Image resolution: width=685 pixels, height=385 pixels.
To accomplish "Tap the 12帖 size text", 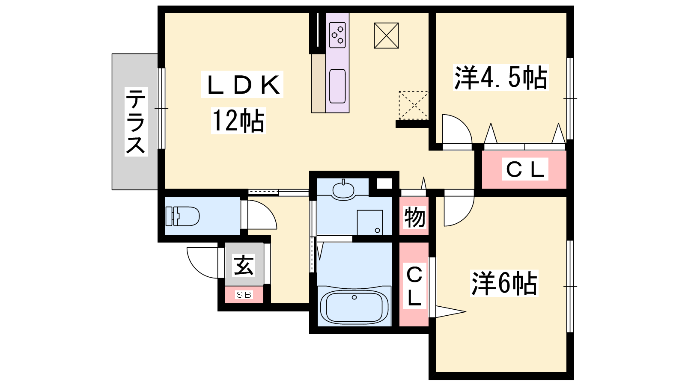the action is coord(238,121).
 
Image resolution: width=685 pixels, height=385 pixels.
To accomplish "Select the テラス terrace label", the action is coord(136,121).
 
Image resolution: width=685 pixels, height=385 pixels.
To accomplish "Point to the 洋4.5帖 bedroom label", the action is coord(500,77).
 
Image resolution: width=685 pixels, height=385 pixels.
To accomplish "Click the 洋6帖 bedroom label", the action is coord(504,283).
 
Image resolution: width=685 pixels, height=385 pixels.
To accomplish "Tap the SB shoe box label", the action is coord(244,295).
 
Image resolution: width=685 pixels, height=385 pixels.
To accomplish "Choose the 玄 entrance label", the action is coord(244,265).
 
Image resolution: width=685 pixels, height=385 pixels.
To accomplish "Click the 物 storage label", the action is coord(414,217).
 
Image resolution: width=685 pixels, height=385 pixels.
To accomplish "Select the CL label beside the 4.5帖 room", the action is coord(525,169).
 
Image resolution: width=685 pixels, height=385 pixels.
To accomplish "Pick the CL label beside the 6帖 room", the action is coord(414,286).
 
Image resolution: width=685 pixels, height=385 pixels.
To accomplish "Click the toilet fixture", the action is coord(182,216).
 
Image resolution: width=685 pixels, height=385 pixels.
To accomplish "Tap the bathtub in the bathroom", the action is coord(354,306).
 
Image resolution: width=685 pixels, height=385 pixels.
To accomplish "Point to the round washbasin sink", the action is coord(343,190).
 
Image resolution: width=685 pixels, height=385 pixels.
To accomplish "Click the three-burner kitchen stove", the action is coord(338,35).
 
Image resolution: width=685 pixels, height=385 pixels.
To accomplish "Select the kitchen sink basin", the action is coord(337,86).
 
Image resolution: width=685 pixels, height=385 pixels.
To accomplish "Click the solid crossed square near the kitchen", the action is coord(386,36).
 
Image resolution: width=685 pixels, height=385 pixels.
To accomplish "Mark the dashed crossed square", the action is coord(414,105).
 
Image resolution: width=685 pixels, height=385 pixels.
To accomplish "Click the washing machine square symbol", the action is coord(370,222).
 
